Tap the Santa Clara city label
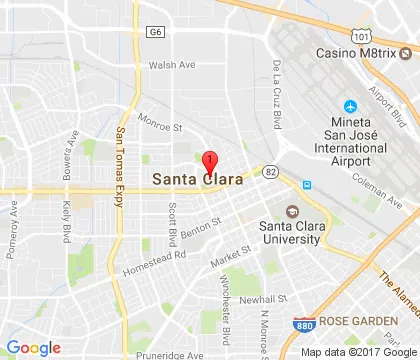pyautogui.click(x=196, y=180)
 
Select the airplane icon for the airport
pyautogui.click(x=351, y=107)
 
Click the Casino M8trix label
pyautogui.click(x=363, y=52)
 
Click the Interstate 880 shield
pyautogui.click(x=301, y=325)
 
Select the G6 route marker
pyautogui.click(x=155, y=32)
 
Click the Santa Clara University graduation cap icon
pyautogui.click(x=293, y=211)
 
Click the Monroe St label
pyautogui.click(x=162, y=127)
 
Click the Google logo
pyautogui.click(x=34, y=347)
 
